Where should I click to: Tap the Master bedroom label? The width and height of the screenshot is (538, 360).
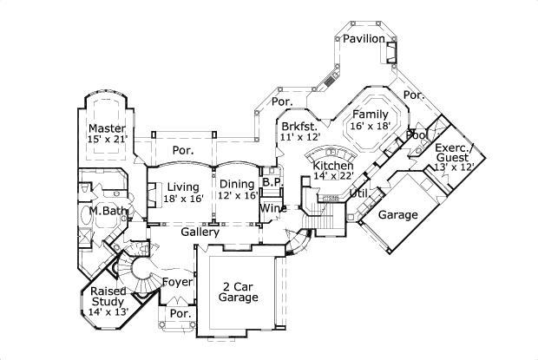[108, 129]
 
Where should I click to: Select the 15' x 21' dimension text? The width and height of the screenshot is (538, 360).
[108, 140]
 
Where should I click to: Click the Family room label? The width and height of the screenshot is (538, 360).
[370, 115]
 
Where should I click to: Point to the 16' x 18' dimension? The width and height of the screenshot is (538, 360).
[370, 127]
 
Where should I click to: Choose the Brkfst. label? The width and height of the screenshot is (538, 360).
[298, 127]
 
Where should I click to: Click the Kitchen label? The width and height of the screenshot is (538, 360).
[332, 166]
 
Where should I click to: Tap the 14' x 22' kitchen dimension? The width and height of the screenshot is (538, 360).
[332, 177]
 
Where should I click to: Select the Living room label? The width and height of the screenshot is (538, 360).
[184, 187]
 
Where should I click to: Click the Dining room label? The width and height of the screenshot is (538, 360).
[236, 184]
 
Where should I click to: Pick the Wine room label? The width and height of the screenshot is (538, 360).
[273, 208]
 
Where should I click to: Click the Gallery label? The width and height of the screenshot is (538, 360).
[199, 232]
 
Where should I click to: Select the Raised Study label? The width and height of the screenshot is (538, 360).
[108, 297]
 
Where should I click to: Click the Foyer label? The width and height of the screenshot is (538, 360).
[177, 282]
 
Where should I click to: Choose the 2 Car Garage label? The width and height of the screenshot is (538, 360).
[238, 291]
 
